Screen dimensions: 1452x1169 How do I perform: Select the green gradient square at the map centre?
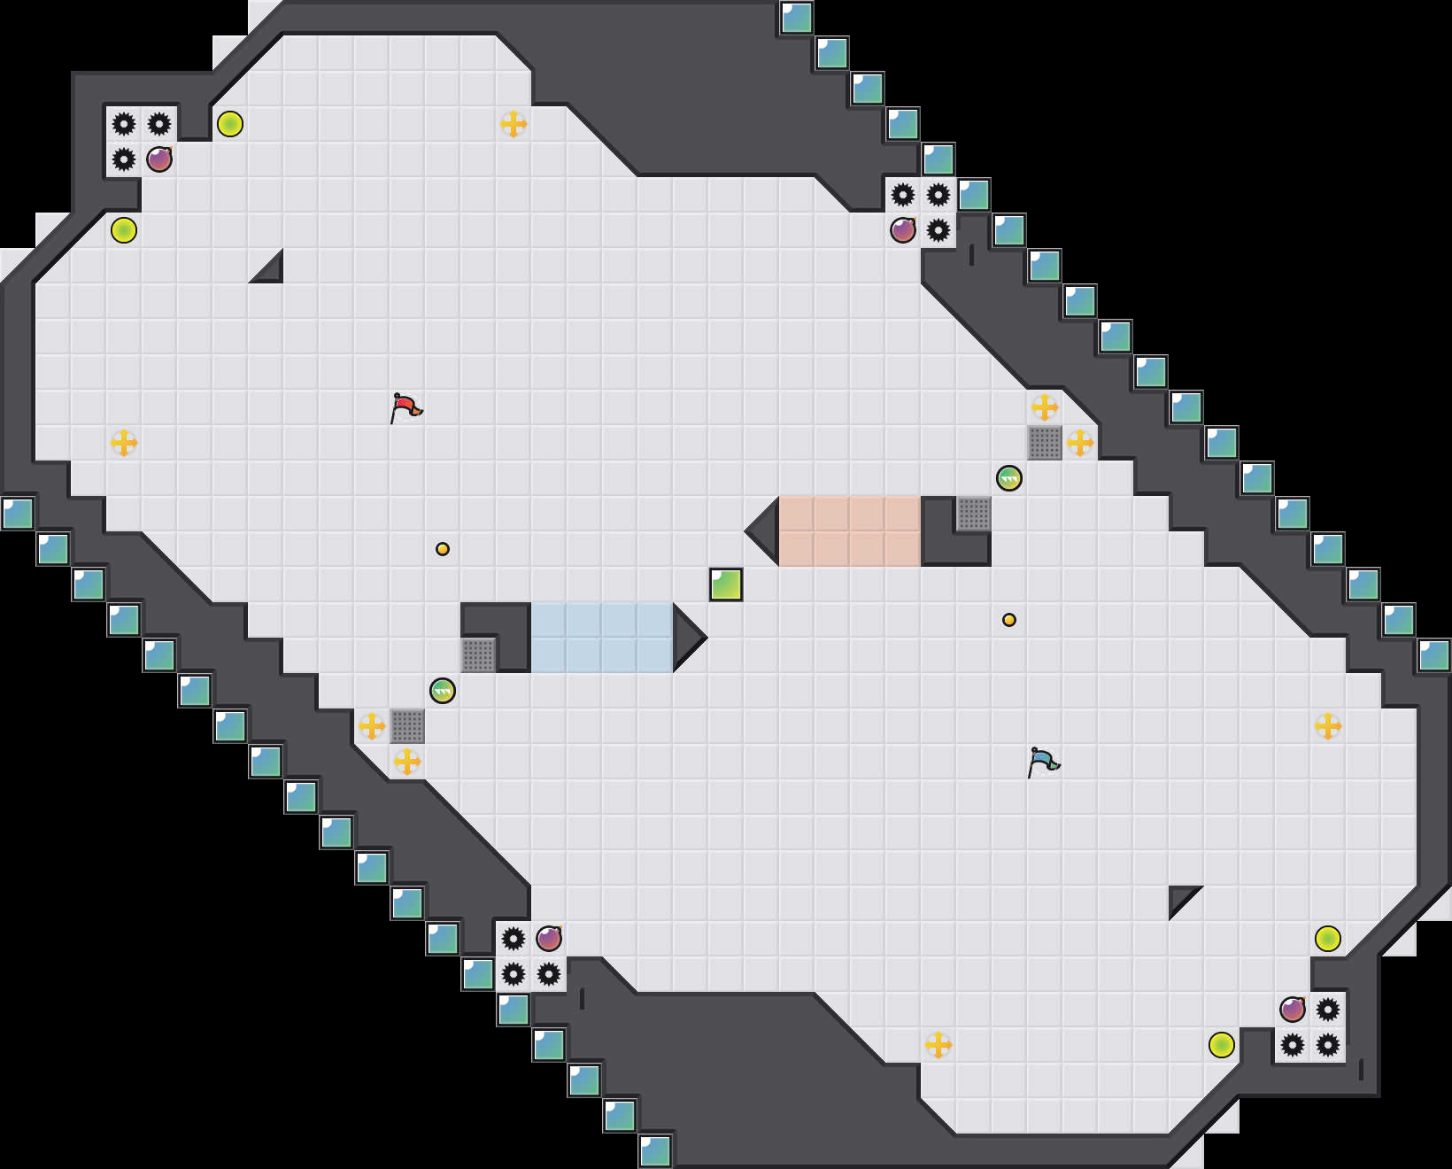726,584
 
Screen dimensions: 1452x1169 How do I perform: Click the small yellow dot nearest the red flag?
443,549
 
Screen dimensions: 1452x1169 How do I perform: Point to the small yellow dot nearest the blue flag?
1009,620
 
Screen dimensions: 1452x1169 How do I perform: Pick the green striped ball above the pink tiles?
1009,478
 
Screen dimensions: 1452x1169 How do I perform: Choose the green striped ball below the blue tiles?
443,691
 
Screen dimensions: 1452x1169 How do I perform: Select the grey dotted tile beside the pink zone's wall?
974,514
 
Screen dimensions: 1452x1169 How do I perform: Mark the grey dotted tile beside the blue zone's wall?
478,655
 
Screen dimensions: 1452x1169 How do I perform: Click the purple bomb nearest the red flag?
159,159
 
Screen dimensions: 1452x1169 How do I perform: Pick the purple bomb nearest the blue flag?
1293,1010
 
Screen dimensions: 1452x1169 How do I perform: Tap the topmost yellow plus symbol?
514,124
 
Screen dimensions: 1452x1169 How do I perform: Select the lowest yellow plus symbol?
938,1045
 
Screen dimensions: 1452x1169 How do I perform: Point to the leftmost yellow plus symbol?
124,443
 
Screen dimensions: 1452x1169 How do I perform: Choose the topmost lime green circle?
230,124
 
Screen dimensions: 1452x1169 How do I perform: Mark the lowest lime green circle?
1222,1045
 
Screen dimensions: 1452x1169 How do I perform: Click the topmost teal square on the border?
797,18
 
